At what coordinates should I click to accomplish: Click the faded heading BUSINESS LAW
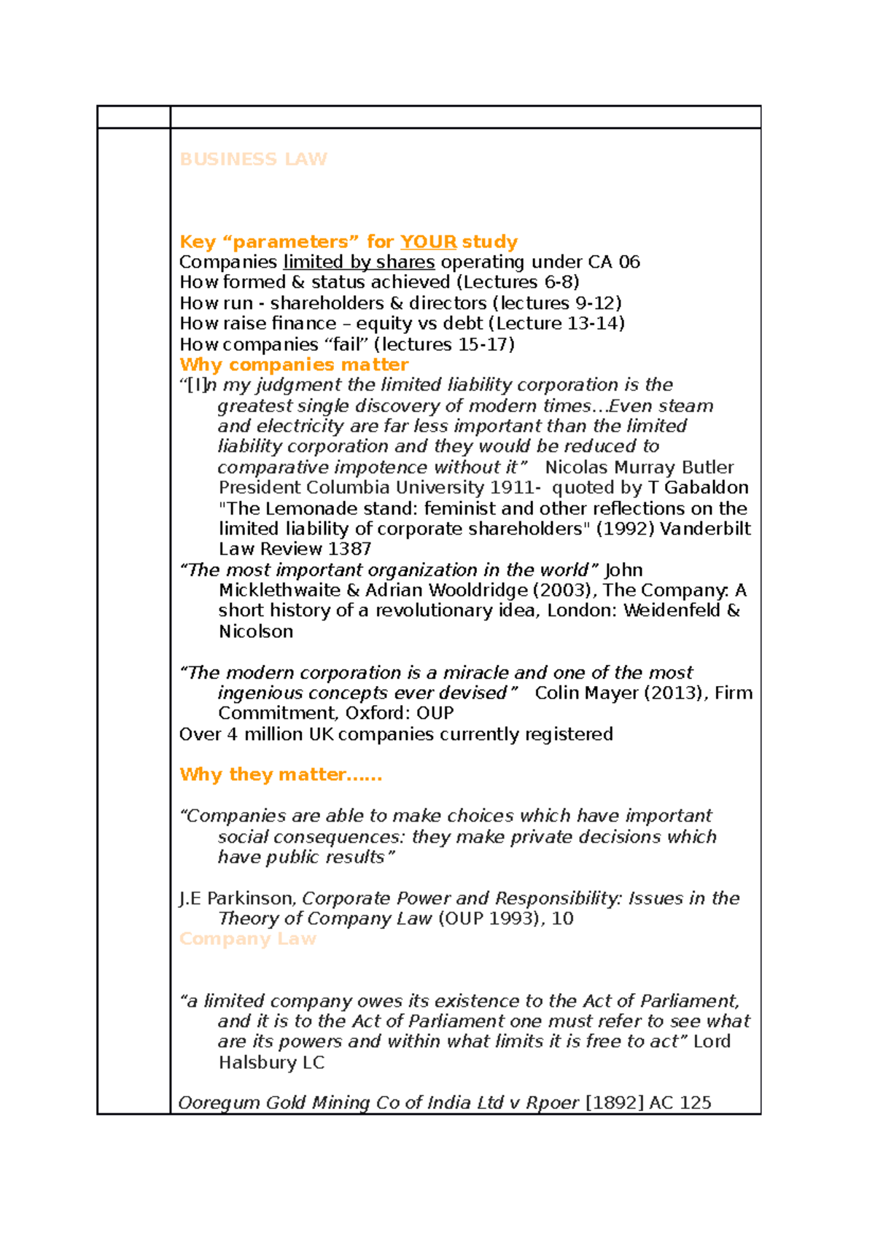coord(253,159)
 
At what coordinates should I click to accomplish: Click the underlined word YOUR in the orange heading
coord(428,241)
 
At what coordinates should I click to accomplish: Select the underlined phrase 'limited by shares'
coord(359,262)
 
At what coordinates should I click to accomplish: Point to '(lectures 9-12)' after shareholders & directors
coord(557,303)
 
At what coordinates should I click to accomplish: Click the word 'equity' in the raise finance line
coord(383,323)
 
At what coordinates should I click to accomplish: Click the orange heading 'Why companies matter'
coord(294,365)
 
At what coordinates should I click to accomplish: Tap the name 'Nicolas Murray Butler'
coord(639,467)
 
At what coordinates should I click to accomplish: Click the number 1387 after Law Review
coord(349,549)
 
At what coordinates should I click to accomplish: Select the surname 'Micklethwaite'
coord(279,591)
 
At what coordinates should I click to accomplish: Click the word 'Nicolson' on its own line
coord(256,631)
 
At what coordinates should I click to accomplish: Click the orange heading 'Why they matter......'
coord(281,774)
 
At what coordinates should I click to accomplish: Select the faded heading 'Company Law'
coord(248,939)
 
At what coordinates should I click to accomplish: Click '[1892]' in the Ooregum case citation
coord(614,1103)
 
